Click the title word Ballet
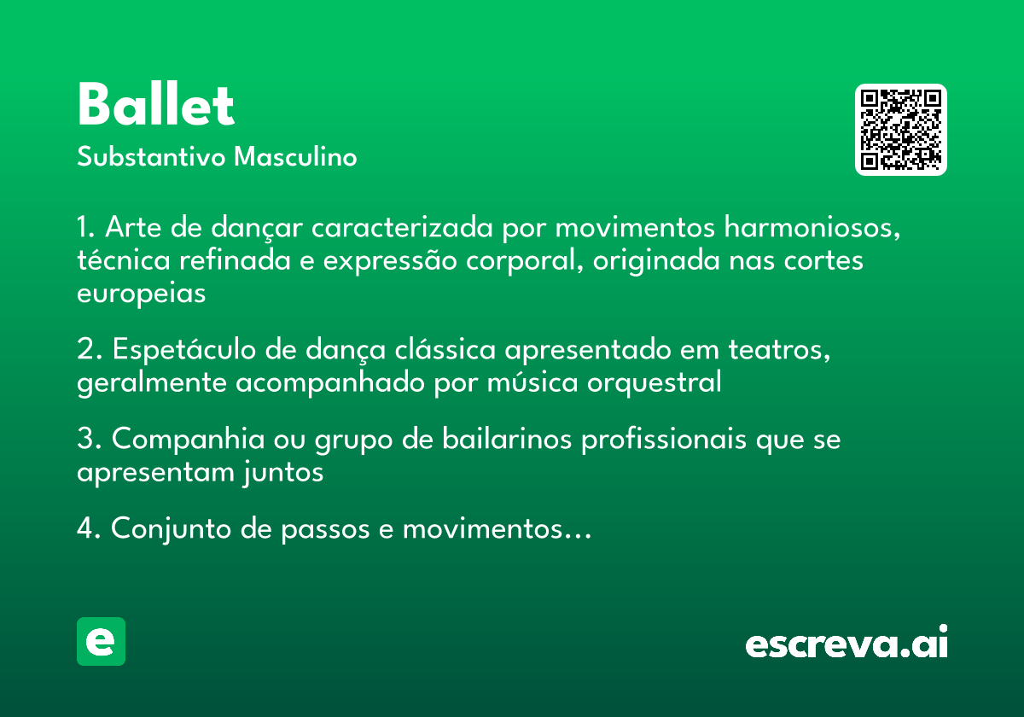point(155,105)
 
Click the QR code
point(901,130)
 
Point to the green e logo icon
point(101,641)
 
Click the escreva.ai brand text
point(847,643)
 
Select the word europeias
point(142,294)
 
